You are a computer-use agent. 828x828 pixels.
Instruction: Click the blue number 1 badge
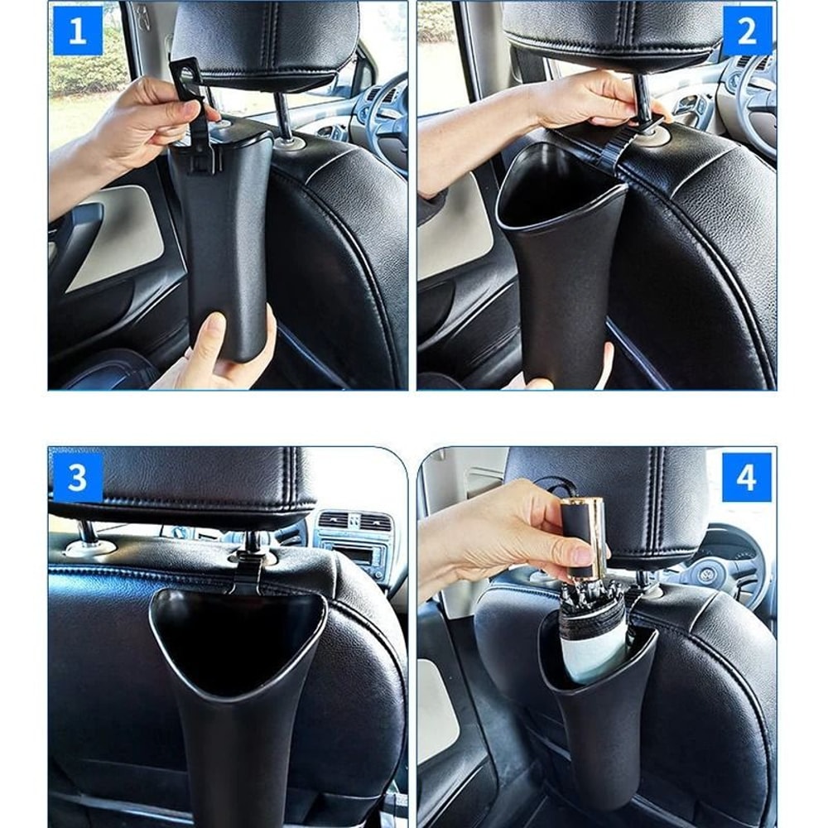coord(77,31)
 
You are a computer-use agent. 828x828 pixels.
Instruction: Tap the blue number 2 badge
coord(747,31)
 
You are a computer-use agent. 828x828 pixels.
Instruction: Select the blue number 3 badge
coord(77,478)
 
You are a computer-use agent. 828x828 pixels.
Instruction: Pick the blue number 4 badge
coord(747,478)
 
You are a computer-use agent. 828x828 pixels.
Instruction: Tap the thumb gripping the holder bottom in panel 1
coord(212,335)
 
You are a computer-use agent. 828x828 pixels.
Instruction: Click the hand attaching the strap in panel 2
coord(580,103)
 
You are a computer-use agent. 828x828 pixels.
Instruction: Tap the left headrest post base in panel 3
coord(85,546)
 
